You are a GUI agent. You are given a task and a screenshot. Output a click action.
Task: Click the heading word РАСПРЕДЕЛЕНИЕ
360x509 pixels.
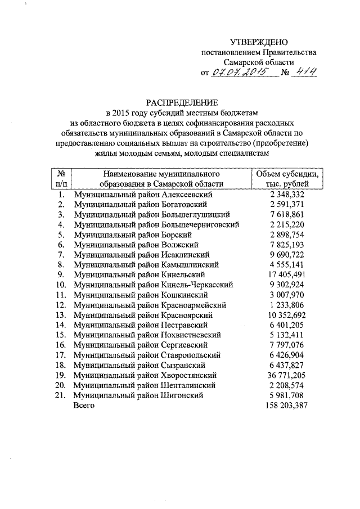click(x=181, y=102)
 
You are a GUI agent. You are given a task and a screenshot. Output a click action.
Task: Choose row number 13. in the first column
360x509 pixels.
click(x=61, y=315)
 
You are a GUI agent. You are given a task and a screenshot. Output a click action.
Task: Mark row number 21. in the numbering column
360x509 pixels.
click(x=61, y=395)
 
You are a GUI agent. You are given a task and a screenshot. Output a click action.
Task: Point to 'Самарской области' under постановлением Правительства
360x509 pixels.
click(x=259, y=62)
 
